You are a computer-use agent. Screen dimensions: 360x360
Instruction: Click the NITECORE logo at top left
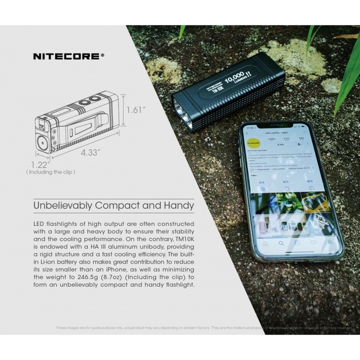point(68,56)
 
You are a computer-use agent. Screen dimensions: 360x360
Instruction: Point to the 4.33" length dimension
point(90,153)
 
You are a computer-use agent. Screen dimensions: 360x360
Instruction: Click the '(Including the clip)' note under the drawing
point(51,172)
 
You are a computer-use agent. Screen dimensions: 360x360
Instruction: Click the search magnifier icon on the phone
point(281,243)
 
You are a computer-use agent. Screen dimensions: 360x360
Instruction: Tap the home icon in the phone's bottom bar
point(265,244)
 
